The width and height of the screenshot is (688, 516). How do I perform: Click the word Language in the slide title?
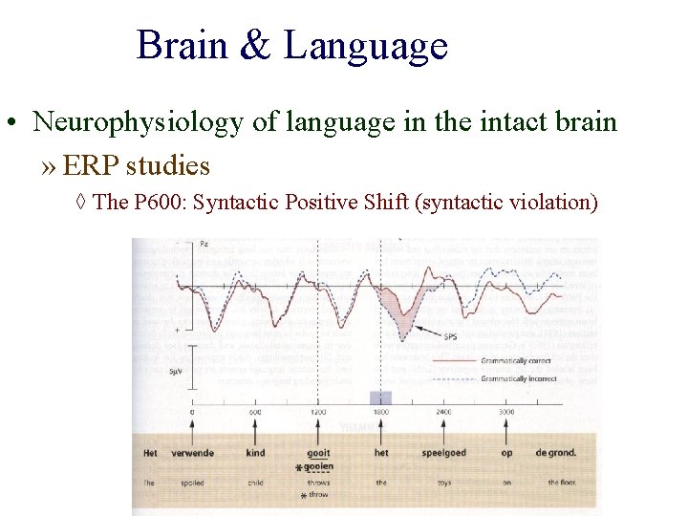(365, 45)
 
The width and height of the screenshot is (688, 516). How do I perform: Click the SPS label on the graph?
(450, 336)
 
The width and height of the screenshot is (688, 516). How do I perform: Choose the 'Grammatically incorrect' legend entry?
(519, 378)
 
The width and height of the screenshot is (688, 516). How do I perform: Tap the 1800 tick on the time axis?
(381, 413)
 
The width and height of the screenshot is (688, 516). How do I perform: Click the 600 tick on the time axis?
(255, 413)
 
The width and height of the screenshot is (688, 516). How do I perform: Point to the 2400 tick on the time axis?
(444, 413)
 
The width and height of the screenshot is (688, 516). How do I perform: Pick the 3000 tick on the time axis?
(506, 413)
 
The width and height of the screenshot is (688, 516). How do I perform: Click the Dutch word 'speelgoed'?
(443, 453)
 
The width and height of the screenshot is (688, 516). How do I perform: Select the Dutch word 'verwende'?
(192, 453)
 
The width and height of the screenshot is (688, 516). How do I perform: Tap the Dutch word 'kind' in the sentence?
(255, 453)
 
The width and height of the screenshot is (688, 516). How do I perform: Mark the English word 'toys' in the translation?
(443, 483)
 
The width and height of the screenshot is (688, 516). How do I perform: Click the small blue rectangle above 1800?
(381, 398)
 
